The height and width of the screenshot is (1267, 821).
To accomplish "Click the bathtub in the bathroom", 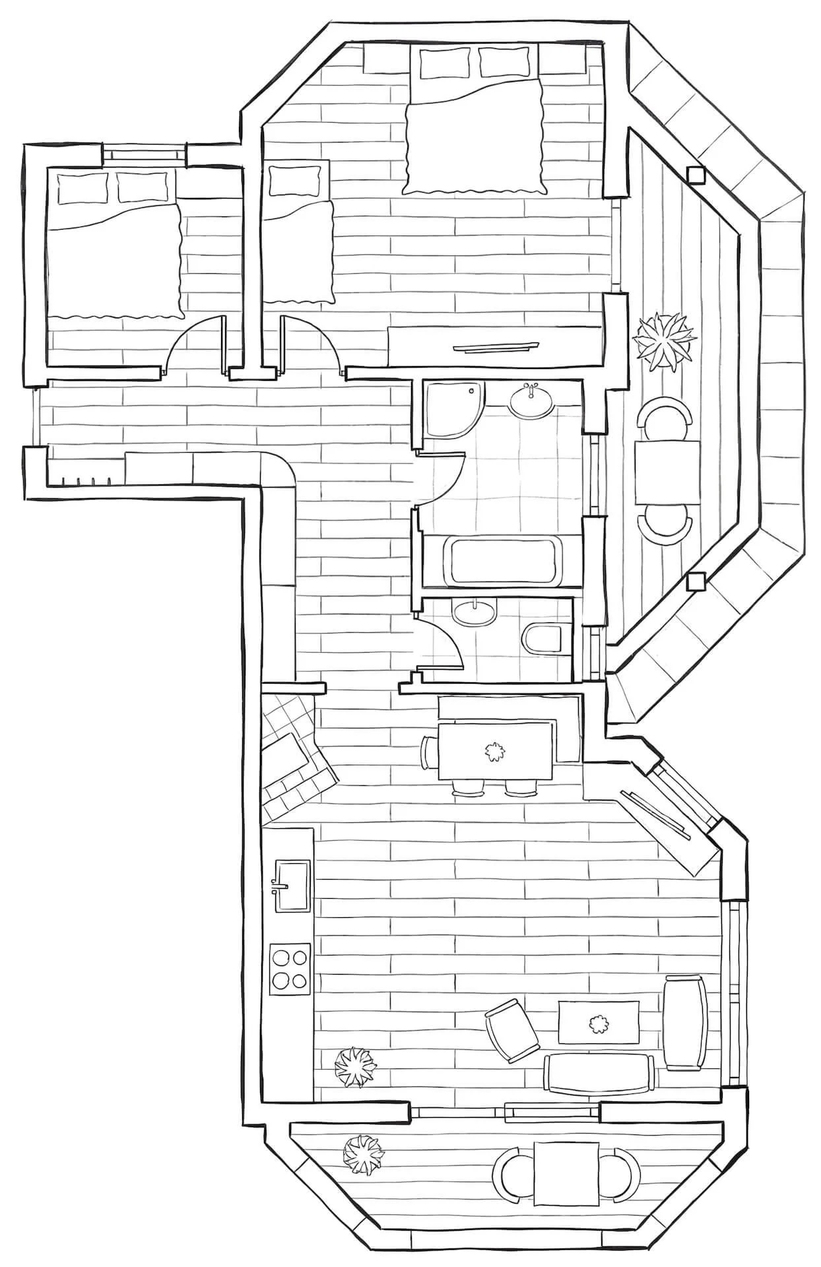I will tap(502, 561).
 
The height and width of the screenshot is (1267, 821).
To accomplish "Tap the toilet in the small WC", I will tap(543, 638).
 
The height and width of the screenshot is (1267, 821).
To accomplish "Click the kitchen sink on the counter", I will tap(291, 884).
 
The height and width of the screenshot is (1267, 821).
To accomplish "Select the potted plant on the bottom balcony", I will tap(362, 1154).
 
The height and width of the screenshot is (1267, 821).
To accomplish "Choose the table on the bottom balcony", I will tap(566, 1175).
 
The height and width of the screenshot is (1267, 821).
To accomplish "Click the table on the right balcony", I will tap(667, 472).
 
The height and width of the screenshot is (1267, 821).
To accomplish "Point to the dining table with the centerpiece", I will tap(494, 751).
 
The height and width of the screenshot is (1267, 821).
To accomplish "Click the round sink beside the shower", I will tap(531, 401).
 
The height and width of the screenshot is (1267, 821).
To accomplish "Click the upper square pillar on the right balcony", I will tap(695, 175).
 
